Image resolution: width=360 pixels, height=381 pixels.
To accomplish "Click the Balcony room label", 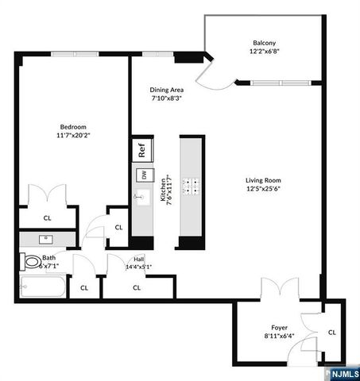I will (x=264, y=43).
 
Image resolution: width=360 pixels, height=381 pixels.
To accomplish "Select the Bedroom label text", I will (x=73, y=127).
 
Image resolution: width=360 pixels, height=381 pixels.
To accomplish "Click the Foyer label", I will (x=278, y=327).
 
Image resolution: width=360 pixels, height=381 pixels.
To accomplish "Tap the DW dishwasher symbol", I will (x=143, y=175).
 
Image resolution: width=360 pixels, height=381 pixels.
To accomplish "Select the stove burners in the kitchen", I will (x=192, y=186).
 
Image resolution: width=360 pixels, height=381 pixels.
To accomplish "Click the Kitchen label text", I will (x=162, y=190).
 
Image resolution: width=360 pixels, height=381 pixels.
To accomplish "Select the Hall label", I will (x=138, y=259).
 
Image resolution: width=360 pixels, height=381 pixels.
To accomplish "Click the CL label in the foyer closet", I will (x=332, y=333).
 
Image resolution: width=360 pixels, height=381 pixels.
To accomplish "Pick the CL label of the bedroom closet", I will (x=48, y=217).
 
